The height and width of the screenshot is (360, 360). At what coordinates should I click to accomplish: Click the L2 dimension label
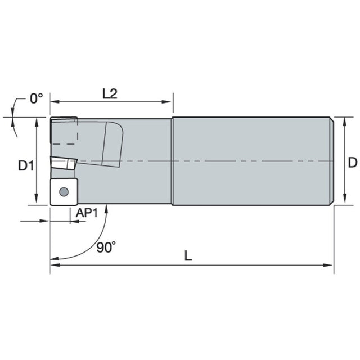[x=110, y=94]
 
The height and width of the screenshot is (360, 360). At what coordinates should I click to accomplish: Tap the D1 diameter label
[x=26, y=165]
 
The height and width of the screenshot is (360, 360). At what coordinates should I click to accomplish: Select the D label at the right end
[x=353, y=163]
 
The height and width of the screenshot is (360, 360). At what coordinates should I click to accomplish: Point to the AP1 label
[x=87, y=213]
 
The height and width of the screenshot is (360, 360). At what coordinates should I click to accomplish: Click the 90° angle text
[x=106, y=247]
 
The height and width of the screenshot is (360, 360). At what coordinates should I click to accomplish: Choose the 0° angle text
[x=37, y=98]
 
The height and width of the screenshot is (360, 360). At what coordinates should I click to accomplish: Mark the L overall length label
[x=188, y=255]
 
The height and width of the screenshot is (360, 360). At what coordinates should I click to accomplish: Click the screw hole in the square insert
[x=64, y=191]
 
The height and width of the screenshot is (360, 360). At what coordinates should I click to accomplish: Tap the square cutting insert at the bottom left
[x=64, y=191]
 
